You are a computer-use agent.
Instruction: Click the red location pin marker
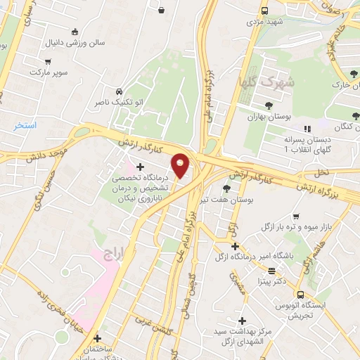pos(181,165)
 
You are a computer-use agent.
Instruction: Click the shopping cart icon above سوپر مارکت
pos(47,61)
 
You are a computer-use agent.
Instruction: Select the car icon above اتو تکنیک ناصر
pos(119,91)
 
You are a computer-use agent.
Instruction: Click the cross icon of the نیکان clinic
pos(141,167)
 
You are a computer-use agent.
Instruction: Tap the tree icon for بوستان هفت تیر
pos(226,188)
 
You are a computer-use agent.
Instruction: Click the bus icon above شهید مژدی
pos(264,11)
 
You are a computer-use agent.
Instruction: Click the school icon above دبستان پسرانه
pos(307,129)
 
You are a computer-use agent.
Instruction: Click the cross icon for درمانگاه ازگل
pos(235,246)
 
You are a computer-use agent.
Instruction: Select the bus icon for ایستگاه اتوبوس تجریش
pos(300,295)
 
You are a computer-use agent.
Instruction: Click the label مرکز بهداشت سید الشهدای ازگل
pos(242,336)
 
